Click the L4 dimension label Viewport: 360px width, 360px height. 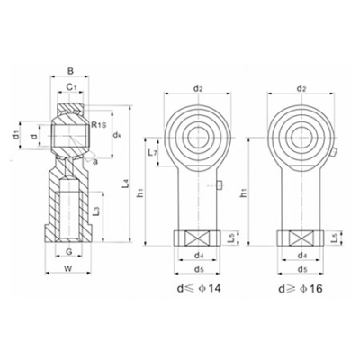click(127, 184)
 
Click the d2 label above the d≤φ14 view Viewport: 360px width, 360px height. click(198, 88)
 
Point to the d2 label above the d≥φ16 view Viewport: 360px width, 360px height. click(301, 88)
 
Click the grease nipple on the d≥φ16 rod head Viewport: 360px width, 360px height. click(333, 153)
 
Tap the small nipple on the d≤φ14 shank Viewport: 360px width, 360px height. click(219, 186)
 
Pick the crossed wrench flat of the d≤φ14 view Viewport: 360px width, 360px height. click(197, 239)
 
